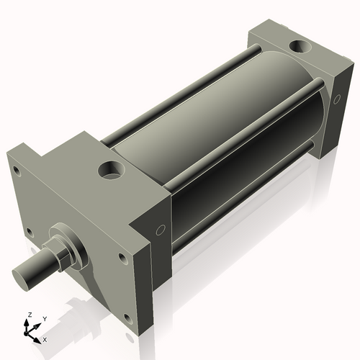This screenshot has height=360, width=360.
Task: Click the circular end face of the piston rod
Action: pyautogui.click(x=24, y=276)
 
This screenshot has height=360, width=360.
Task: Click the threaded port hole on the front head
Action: pyautogui.click(x=111, y=172)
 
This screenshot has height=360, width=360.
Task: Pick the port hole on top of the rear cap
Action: pyautogui.click(x=298, y=48)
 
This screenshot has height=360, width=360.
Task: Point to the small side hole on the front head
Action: pyautogui.click(x=161, y=231)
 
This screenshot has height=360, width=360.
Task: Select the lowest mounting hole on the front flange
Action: pyautogui.click(x=127, y=316)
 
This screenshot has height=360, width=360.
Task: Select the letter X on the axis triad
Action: pyautogui.click(x=45, y=338)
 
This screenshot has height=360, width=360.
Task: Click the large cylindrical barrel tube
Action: pyautogui.click(x=216, y=130)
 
